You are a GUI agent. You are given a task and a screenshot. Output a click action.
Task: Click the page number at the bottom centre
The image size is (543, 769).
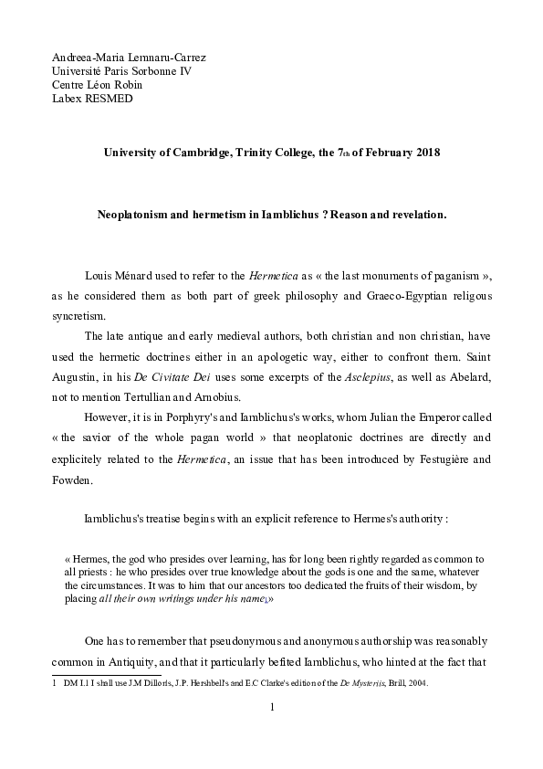[x=272, y=708]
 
